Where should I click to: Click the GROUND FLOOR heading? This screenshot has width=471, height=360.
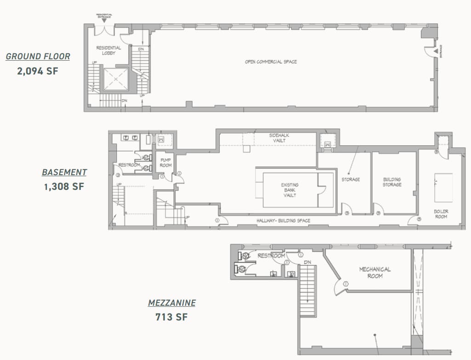(38, 57)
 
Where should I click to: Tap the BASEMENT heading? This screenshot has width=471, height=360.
(64, 172)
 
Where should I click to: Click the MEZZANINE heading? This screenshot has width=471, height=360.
(171, 303)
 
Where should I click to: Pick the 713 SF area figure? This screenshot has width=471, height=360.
(171, 317)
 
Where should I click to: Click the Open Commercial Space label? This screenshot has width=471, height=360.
(271, 62)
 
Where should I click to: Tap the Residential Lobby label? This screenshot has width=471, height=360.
(108, 50)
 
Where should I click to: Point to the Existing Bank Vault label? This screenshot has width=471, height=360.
(289, 190)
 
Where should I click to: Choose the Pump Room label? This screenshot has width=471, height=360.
(165, 162)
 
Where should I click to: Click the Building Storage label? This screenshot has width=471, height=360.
(392, 182)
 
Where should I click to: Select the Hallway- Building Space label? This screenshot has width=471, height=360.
(283, 221)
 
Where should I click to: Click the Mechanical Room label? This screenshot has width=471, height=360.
(375, 272)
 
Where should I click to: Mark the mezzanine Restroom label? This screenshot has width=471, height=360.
(271, 256)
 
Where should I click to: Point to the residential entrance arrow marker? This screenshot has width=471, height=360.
(104, 20)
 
